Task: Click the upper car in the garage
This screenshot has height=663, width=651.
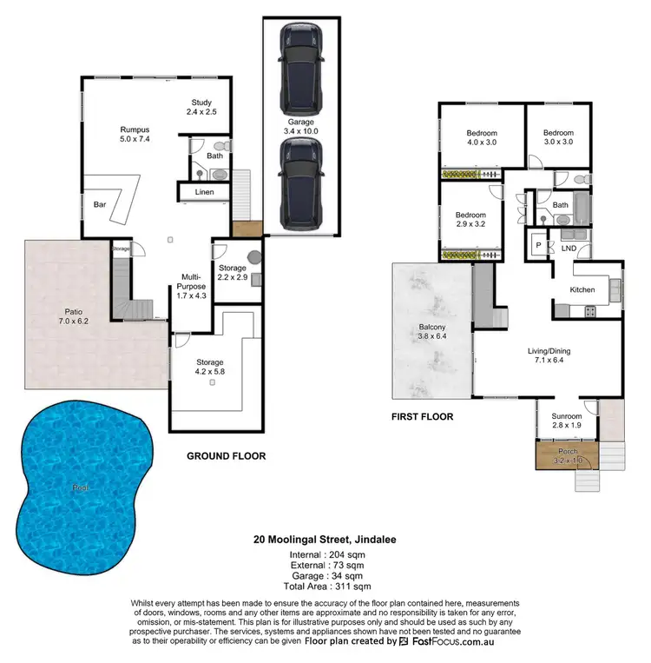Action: (x=299, y=57)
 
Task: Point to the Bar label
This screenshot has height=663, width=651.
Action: (x=100, y=206)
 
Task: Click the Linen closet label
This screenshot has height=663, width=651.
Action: (x=204, y=191)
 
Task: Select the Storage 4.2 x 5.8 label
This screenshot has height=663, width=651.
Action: (x=209, y=368)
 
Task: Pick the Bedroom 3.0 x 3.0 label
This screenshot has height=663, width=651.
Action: (x=559, y=137)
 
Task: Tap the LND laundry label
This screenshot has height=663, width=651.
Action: (x=569, y=249)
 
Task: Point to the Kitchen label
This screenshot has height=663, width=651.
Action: (x=582, y=289)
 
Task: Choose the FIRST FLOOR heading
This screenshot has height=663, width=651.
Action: (x=423, y=417)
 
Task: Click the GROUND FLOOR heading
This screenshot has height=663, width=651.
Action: (x=227, y=455)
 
